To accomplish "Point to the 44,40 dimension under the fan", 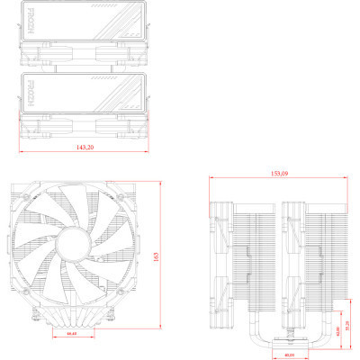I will pos(71,334).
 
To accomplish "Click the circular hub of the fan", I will pos(72,244).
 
